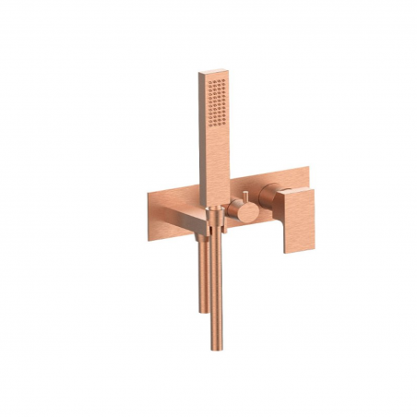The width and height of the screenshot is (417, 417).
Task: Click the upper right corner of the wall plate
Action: (307, 169)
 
